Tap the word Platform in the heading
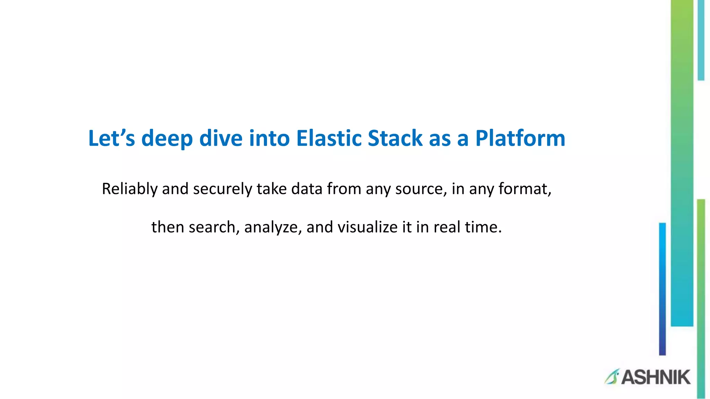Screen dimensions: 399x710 point(520,139)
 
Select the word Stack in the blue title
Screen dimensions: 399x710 point(395,139)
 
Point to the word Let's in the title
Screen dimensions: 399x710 point(111,139)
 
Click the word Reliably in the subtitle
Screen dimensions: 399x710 point(130,189)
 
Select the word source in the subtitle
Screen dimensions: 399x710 point(419,189)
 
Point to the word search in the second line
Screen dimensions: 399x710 point(212,228)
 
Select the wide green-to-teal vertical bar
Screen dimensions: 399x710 point(682,163)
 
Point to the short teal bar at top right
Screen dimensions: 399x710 point(701,40)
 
